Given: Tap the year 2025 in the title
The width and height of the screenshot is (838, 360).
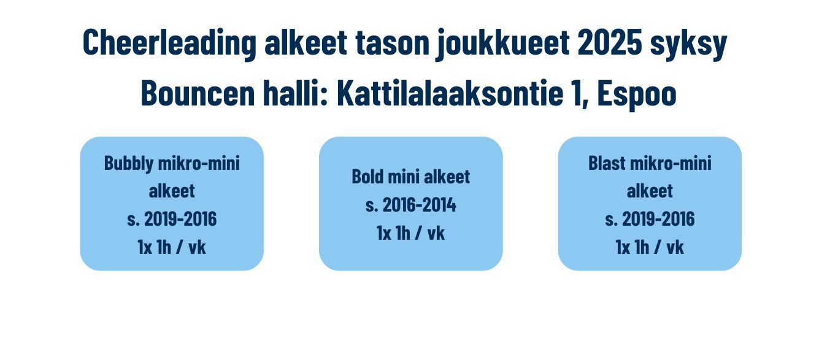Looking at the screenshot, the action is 610,42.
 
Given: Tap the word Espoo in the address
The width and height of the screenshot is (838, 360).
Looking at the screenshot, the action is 637,95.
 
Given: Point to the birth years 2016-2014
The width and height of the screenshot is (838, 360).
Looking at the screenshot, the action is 419,205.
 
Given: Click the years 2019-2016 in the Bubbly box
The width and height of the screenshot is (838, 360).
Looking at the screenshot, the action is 180,219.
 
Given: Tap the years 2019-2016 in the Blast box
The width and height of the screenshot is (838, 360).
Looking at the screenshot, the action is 658,219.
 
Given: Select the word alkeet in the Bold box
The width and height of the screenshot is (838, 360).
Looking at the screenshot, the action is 447,177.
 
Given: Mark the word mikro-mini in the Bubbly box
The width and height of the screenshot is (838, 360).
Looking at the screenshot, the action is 199,163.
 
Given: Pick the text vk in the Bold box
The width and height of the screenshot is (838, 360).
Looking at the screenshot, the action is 436,233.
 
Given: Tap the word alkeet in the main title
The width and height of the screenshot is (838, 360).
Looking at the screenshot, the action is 306,42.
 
